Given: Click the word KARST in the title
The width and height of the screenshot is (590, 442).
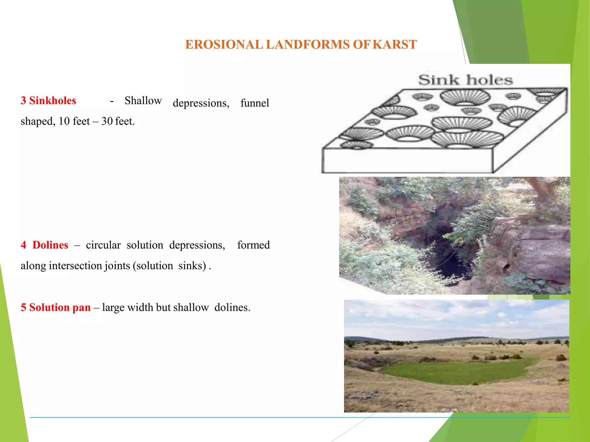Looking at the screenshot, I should [x=394, y=45].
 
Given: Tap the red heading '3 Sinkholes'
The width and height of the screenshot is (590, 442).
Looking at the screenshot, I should [x=48, y=101].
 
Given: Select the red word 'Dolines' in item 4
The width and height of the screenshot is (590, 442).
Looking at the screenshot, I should [x=50, y=245].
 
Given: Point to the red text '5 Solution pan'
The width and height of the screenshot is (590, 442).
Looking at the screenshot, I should [x=56, y=308].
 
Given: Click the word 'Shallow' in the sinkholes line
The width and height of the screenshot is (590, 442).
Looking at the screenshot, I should [x=143, y=101].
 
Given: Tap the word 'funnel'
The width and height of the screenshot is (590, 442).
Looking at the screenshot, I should [x=255, y=103].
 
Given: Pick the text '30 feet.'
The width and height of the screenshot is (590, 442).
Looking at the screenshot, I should [x=118, y=121].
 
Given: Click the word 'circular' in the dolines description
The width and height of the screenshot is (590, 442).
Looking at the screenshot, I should [x=103, y=245].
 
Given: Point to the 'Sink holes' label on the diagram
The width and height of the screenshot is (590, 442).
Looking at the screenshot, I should [x=466, y=80].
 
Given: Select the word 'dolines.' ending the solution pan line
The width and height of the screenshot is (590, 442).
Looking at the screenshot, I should [x=232, y=308].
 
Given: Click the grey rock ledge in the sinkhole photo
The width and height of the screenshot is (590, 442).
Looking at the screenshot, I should [x=542, y=253].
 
